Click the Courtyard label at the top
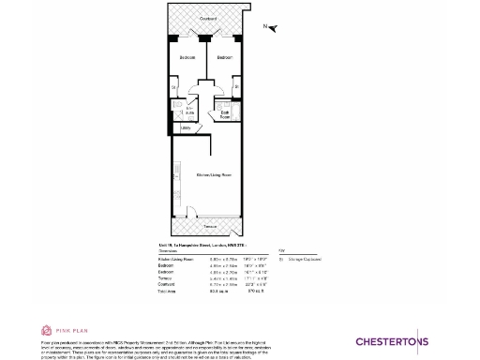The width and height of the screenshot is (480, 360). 208,19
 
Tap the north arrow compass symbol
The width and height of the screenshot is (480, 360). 273,28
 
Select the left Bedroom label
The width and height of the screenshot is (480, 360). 188,58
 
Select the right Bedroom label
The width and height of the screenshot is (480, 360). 224,58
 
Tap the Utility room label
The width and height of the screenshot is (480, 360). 185,128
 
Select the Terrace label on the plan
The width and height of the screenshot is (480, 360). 208,227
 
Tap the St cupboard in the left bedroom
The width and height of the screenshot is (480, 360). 174,89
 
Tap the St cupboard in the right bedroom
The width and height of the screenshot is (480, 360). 237,89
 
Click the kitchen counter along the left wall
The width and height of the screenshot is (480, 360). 174,178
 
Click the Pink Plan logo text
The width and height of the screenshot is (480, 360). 69,330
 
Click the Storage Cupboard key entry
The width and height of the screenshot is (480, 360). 300,258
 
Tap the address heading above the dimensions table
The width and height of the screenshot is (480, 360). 201,244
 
